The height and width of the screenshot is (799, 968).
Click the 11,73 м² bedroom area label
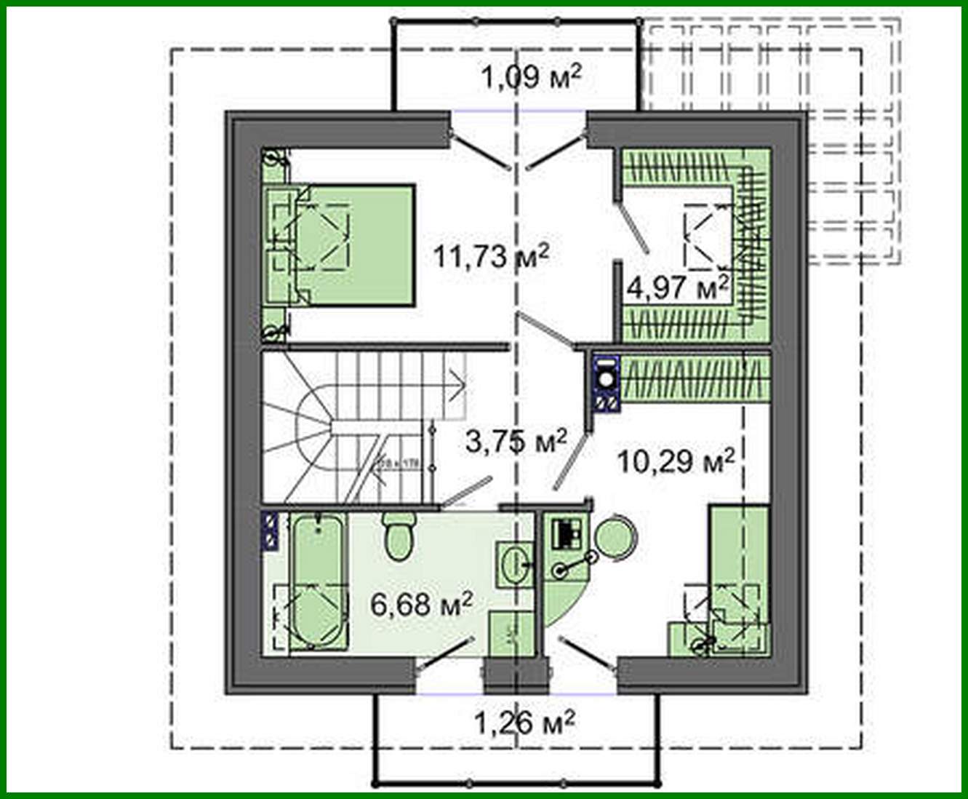click(x=490, y=256)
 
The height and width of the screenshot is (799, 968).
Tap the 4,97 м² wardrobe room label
click(x=677, y=287)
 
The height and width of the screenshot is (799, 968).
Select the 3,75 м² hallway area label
click(x=516, y=442)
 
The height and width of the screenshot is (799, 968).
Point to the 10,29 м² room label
click(x=676, y=460)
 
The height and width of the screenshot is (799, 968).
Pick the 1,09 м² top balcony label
click(x=532, y=76)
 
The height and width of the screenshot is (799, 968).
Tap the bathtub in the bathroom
click(x=316, y=582)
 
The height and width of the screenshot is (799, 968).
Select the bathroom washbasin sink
click(x=516, y=563)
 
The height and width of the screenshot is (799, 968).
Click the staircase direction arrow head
click(x=458, y=380)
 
